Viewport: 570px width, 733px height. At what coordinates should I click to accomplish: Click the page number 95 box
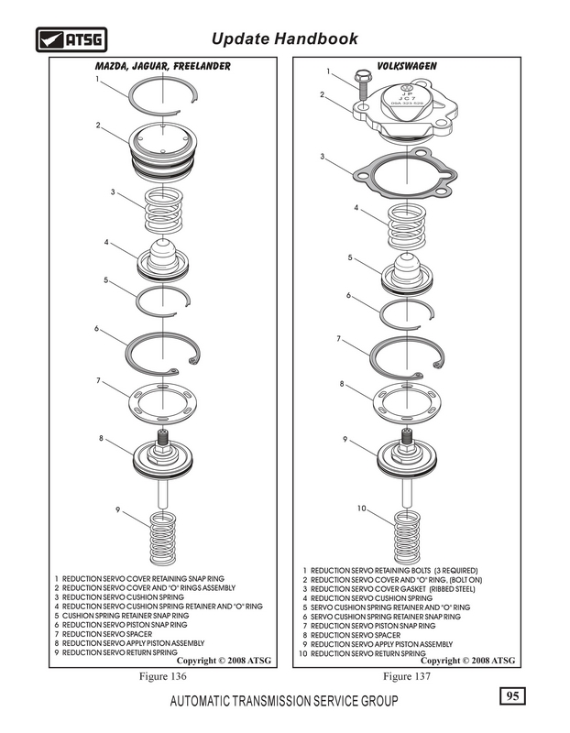click(512, 697)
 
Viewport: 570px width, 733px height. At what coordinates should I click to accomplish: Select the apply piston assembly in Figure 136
click(163, 458)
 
